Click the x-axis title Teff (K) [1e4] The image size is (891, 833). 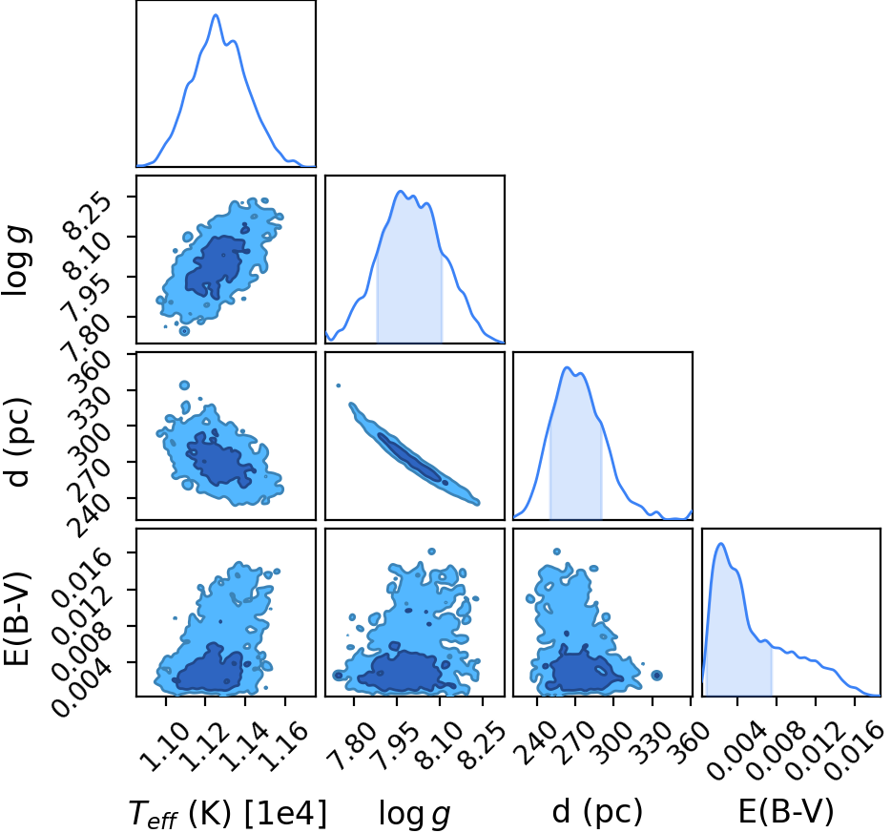(x=228, y=814)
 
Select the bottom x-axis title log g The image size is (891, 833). (x=414, y=814)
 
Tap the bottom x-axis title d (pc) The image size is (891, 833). (x=597, y=813)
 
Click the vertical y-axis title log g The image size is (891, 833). (x=16, y=260)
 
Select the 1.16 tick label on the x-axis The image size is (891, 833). (x=286, y=745)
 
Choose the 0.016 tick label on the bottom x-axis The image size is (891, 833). (x=851, y=751)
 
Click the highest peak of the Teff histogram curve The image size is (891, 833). (x=216, y=14)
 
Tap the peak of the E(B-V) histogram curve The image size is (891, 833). (x=721, y=544)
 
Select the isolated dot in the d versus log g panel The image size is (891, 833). (x=338, y=385)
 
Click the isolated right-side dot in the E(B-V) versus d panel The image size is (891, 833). (x=657, y=676)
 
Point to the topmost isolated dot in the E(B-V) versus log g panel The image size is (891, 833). (x=432, y=552)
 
